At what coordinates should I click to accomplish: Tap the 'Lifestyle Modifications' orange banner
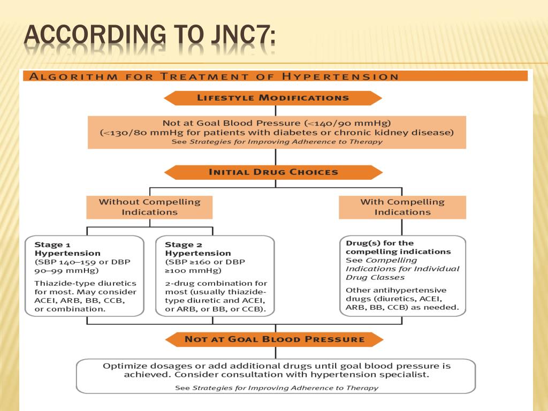(273, 98)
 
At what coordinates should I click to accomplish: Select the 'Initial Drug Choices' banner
(273, 172)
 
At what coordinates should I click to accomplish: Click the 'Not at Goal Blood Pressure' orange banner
(274, 339)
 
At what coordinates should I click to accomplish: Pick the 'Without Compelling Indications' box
(149, 207)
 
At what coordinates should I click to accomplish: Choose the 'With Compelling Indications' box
(402, 207)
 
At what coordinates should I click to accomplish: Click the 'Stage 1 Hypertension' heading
(67, 249)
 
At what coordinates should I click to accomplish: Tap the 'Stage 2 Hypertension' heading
(197, 249)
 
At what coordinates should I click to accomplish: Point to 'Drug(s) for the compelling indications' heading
(398, 247)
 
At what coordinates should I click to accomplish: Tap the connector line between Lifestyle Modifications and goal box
(275, 110)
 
